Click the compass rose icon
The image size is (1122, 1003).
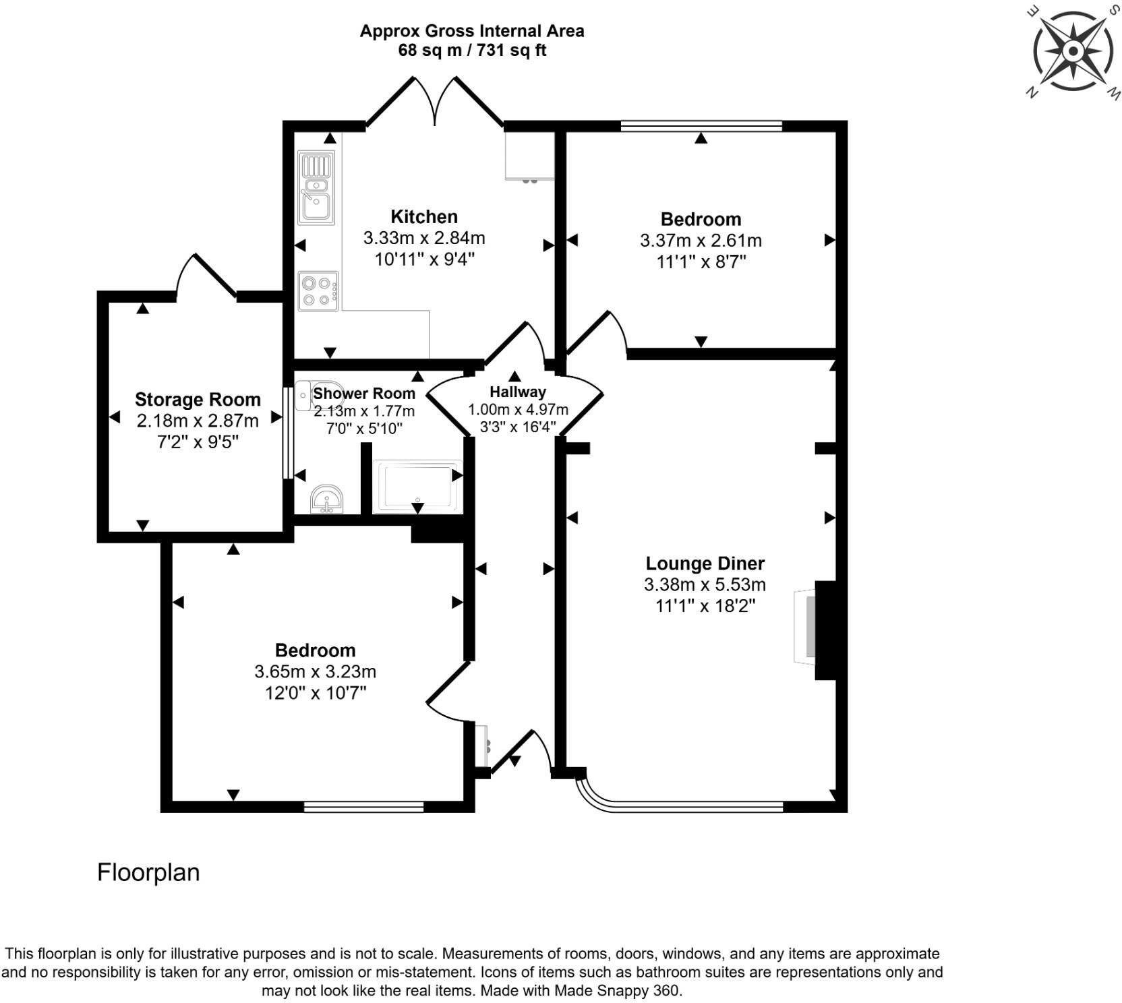coord(1073,51)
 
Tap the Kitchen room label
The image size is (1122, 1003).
coord(424,216)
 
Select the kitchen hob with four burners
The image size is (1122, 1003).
coord(318,291)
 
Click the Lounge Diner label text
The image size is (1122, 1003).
coord(705,563)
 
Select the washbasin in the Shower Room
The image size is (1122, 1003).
coord(327,499)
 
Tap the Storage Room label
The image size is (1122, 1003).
coord(198,399)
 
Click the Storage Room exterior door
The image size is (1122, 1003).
coord(206,276)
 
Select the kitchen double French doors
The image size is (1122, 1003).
coord(435,101)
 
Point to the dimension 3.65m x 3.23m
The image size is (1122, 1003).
coord(315,671)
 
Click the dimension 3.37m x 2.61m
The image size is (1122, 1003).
coord(701,240)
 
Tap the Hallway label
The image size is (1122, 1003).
coord(517,392)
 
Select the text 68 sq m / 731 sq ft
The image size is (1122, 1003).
coord(472,51)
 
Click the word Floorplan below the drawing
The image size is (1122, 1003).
coord(148,872)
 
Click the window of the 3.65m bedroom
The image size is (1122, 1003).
coord(363,806)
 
